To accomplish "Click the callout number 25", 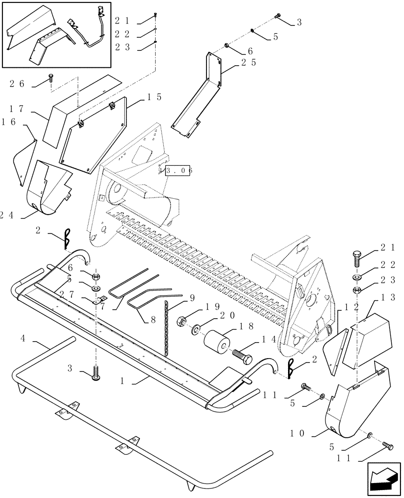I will pos(249,63).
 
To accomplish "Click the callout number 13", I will pos(389,297).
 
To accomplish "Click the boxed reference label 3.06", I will pos(176,170).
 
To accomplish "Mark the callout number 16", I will pos(9,121).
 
